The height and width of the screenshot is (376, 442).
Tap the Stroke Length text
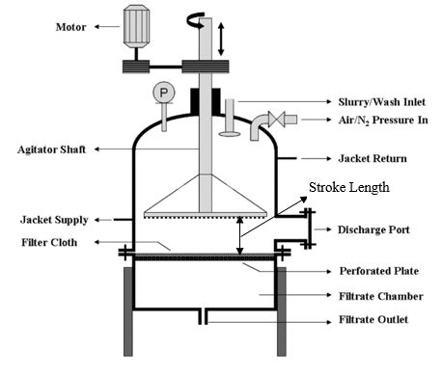[348, 188]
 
